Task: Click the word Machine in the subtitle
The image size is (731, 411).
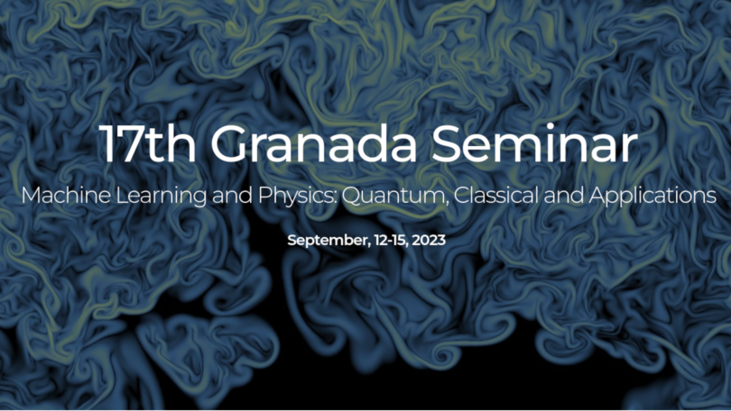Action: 66,195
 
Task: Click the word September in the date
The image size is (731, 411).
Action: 328,241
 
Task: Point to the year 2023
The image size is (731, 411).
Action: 429,240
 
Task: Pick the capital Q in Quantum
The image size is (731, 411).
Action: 354,196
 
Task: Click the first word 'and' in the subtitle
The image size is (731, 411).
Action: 232,195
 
